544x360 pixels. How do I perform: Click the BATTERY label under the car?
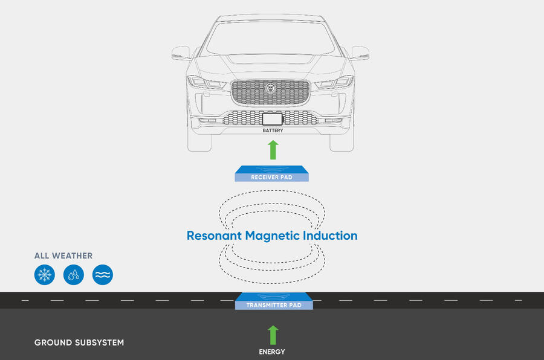pyautogui.click(x=273, y=130)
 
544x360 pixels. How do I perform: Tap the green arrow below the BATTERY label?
pyautogui.click(x=273, y=150)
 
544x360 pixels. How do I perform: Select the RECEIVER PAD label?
pyautogui.click(x=272, y=178)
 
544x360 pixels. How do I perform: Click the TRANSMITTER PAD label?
pyautogui.click(x=273, y=306)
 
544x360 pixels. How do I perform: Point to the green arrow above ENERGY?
pyautogui.click(x=273, y=335)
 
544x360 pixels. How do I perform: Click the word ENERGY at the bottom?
pyautogui.click(x=273, y=352)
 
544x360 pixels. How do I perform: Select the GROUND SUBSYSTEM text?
pyautogui.click(x=79, y=342)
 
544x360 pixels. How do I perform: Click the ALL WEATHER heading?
pyautogui.click(x=63, y=256)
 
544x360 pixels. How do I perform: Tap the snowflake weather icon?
pyautogui.click(x=44, y=275)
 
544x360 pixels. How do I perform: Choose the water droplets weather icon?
pyautogui.click(x=73, y=275)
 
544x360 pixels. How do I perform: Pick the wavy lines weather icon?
pyautogui.click(x=103, y=275)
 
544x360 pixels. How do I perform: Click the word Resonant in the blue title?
pyautogui.click(x=214, y=236)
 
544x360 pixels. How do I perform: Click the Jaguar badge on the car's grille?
pyautogui.click(x=270, y=89)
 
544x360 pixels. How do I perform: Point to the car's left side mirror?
pyautogui.click(x=181, y=53)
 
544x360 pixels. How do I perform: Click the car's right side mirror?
pyautogui.click(x=360, y=53)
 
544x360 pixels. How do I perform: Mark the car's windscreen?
pyautogui.click(x=270, y=37)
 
